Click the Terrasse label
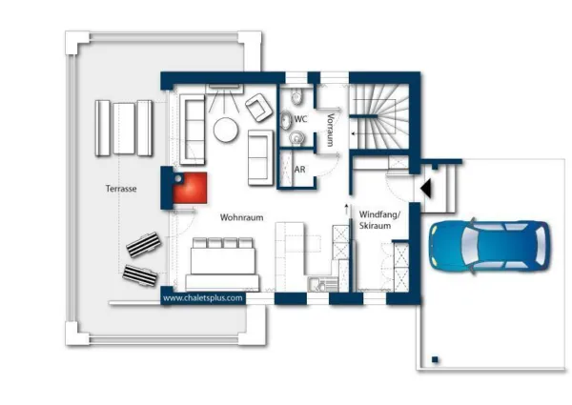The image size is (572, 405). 121,189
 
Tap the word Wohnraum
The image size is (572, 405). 241,217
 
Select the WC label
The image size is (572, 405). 300,119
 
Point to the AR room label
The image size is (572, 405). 300,170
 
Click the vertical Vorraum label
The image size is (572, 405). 331,130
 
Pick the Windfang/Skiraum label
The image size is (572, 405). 379,220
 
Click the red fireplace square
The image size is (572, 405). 190,188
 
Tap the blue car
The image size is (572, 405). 490,247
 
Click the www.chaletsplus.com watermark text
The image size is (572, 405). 203,298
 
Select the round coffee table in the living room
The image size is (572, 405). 226,130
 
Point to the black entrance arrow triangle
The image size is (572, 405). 426,189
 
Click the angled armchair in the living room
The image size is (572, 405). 258,107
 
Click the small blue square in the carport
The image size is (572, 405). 435,360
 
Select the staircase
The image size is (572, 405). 379,116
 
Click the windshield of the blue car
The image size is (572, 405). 469,247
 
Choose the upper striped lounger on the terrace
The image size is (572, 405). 144,244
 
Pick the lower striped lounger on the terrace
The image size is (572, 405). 140,275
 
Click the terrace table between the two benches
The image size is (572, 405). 124,129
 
